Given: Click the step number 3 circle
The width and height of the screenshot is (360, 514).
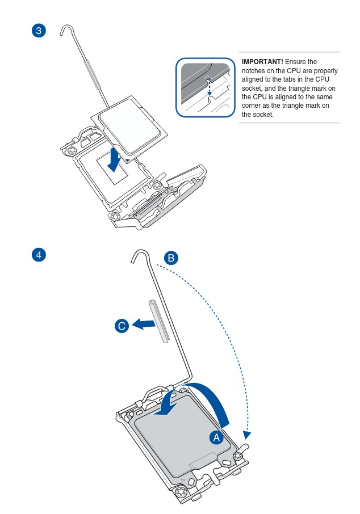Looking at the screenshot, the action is pos(39,31).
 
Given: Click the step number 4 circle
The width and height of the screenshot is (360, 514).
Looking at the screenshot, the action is pos(39,255).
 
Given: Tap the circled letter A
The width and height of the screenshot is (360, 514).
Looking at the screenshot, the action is pos(216,437).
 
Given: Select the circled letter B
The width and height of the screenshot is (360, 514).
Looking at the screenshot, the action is pos(171,258).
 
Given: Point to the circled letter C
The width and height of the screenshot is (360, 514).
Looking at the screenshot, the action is pos(122,326).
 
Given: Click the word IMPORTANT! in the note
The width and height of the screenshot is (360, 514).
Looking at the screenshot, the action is pos(262,62).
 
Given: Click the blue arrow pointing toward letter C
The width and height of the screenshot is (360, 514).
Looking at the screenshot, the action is pos(144,324).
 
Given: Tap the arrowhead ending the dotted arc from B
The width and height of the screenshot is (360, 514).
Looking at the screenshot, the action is pos(247,435).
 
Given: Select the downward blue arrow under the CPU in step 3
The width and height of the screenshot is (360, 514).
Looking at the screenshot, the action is pos(115,159).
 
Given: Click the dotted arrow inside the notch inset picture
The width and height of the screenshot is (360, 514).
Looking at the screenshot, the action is pos(209,87).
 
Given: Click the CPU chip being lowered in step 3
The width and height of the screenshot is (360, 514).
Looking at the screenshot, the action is pos(129,128).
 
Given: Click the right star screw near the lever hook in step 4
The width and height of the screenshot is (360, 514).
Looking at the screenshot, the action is pos(238,456).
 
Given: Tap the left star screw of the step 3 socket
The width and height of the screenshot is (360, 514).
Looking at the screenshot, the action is pos(72,150).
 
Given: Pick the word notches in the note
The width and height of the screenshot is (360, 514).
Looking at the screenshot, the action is pos(254,70).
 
